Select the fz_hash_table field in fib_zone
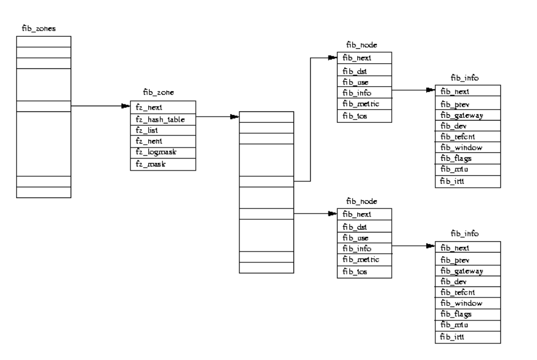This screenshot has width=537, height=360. pos(160,119)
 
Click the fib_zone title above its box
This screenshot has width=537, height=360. pos(159,92)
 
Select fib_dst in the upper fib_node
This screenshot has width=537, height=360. pos(355,71)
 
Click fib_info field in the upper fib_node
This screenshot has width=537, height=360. pos(356,92)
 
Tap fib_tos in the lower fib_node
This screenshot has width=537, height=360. pos(355,270)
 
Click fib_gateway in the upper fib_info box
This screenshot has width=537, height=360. pos(461,115)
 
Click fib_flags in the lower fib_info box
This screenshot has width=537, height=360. pos(456,314)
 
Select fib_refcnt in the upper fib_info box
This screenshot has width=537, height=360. pos(457,137)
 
